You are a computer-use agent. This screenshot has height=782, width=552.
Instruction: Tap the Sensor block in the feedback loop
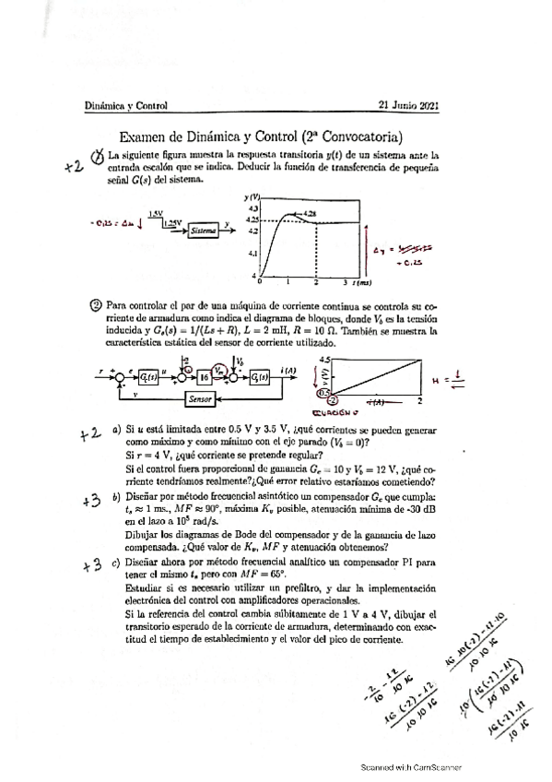[x=200, y=398]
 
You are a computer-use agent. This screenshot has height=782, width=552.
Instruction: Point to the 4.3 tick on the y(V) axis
[x=252, y=209]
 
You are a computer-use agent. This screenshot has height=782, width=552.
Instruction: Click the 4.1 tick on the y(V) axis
[x=252, y=252]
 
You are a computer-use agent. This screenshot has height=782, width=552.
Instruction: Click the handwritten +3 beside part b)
[x=90, y=501]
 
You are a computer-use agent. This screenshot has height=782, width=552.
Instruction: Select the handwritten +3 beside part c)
[x=90, y=565]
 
